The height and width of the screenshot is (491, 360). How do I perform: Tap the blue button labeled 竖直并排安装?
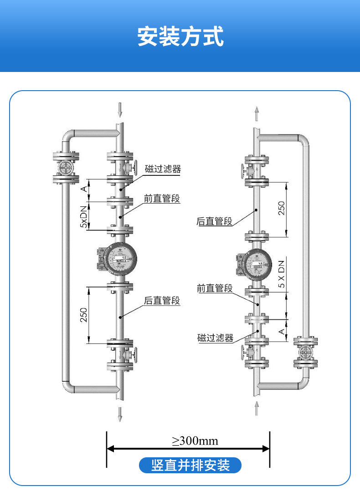[x=190, y=465]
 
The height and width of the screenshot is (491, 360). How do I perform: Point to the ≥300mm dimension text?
[x=195, y=441]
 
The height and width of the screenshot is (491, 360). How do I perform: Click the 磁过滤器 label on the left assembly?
[x=163, y=169]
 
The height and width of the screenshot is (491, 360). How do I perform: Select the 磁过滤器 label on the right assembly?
[x=215, y=338]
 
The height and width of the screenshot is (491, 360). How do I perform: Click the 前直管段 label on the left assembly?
[x=162, y=199]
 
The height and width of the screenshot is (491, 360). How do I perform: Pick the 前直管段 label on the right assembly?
[x=215, y=288]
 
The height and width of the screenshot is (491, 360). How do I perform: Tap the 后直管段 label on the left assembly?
[x=162, y=300]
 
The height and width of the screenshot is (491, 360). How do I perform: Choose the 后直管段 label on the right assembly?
[x=214, y=221]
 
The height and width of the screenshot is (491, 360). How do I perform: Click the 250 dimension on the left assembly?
[x=84, y=315]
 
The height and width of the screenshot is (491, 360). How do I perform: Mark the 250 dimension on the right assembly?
[x=282, y=208]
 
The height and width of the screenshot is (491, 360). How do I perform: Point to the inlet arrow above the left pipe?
[x=120, y=110]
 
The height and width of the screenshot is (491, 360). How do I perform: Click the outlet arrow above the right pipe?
[x=257, y=113]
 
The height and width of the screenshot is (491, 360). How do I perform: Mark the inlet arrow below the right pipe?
[x=257, y=408]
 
